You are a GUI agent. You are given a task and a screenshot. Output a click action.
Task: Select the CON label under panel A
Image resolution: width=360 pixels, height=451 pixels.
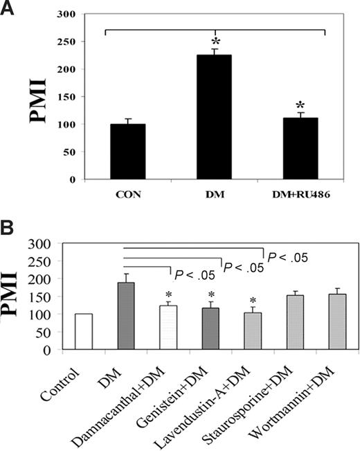pos(123,195)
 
